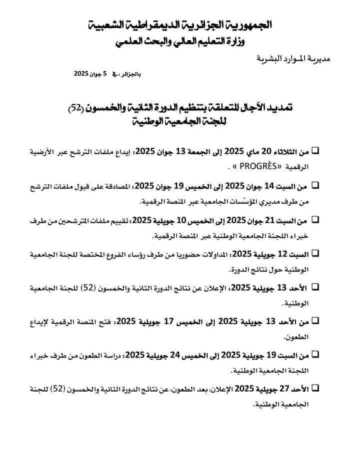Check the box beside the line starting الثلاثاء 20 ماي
[x=316, y=150]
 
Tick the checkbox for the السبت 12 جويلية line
[x=316, y=253]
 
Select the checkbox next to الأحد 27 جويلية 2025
[x=316, y=387]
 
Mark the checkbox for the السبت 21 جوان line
[x=316, y=219]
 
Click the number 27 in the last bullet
[x=284, y=388]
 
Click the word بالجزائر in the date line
[x=131, y=74]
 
